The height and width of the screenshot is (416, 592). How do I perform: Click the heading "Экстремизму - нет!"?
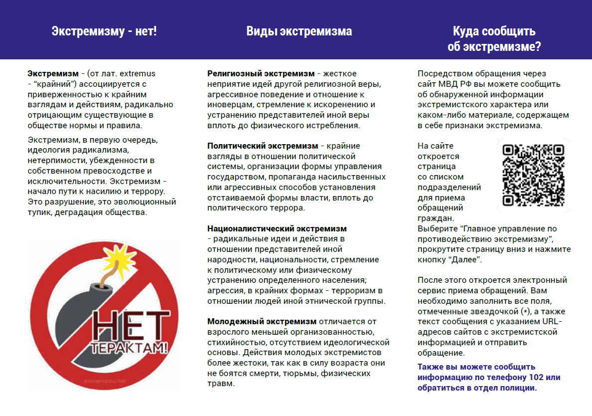point(104,31)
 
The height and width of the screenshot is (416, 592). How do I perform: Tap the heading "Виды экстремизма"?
point(299,31)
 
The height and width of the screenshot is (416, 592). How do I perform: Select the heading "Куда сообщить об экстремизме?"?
point(494,39)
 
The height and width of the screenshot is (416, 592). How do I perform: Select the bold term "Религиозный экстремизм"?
point(261,74)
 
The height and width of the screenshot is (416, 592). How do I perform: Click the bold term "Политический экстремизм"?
point(262,146)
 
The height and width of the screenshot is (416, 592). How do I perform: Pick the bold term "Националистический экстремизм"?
point(277,229)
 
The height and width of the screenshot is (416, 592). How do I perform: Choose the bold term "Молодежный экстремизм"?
point(262,321)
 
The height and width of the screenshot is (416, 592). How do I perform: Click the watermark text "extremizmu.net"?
point(105,380)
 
